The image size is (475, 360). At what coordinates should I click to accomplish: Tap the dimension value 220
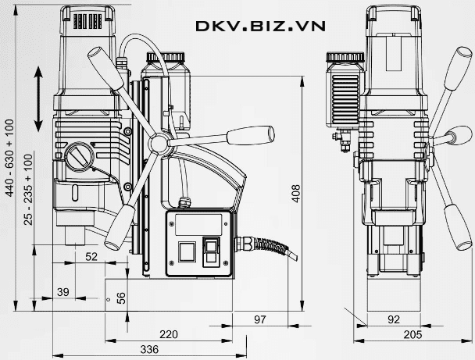(169, 334)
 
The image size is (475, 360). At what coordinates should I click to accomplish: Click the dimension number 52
(91, 255)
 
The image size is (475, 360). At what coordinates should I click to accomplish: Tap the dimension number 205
(412, 334)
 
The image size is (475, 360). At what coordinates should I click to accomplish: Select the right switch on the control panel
(212, 252)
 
